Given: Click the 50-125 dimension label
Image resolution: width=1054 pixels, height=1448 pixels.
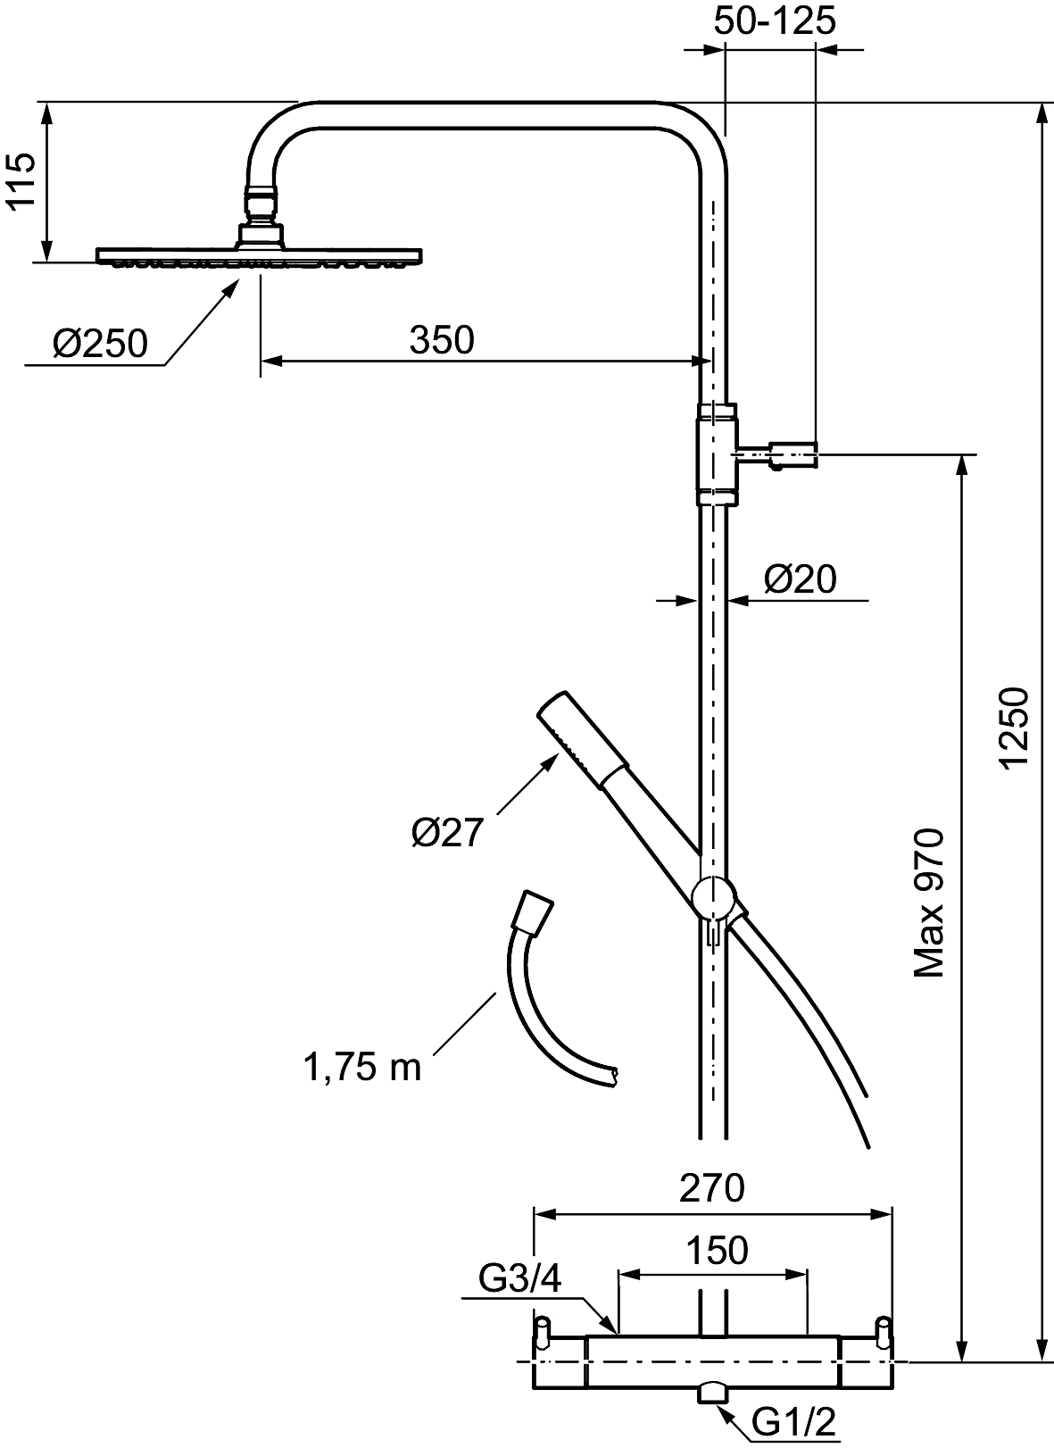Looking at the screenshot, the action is click(774, 21).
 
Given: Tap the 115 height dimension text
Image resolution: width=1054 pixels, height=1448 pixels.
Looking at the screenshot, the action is click(21, 181).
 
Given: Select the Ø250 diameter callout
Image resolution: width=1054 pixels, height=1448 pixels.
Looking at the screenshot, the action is click(100, 344).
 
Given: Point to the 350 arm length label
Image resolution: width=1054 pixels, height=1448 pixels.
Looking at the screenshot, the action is click(442, 339).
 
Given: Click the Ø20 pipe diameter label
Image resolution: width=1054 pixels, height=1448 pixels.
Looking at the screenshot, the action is click(800, 578).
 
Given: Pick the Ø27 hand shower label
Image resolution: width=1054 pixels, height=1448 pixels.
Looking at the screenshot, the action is click(447, 833).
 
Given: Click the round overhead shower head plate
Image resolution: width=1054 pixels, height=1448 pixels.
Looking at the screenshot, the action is click(260, 256).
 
